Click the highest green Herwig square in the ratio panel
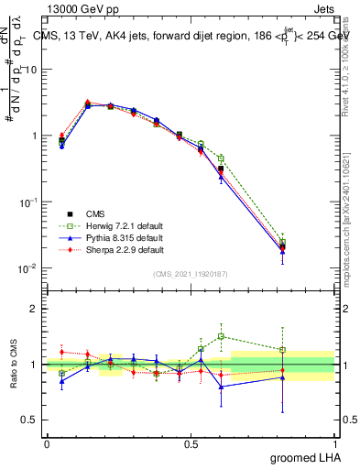pos(221,336)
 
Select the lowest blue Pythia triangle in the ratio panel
pos(221,387)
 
